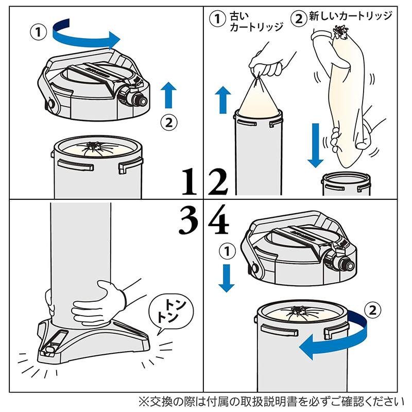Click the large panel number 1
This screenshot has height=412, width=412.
(190, 182)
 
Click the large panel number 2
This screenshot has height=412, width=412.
(217, 182)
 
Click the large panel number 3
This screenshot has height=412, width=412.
(188, 220)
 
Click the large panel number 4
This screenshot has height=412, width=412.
(218, 220)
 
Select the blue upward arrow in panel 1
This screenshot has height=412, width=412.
(168, 95)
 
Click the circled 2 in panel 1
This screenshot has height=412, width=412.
(169, 123)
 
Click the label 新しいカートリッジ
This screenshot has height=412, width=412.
(351, 16)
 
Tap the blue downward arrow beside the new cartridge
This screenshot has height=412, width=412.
(315, 145)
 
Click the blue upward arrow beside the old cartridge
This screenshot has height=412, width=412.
(223, 99)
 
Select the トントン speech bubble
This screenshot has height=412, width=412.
(171, 315)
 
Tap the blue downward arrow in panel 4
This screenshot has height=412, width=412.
(227, 278)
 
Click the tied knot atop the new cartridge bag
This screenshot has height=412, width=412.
(341, 32)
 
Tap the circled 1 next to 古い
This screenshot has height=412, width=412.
(217, 19)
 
